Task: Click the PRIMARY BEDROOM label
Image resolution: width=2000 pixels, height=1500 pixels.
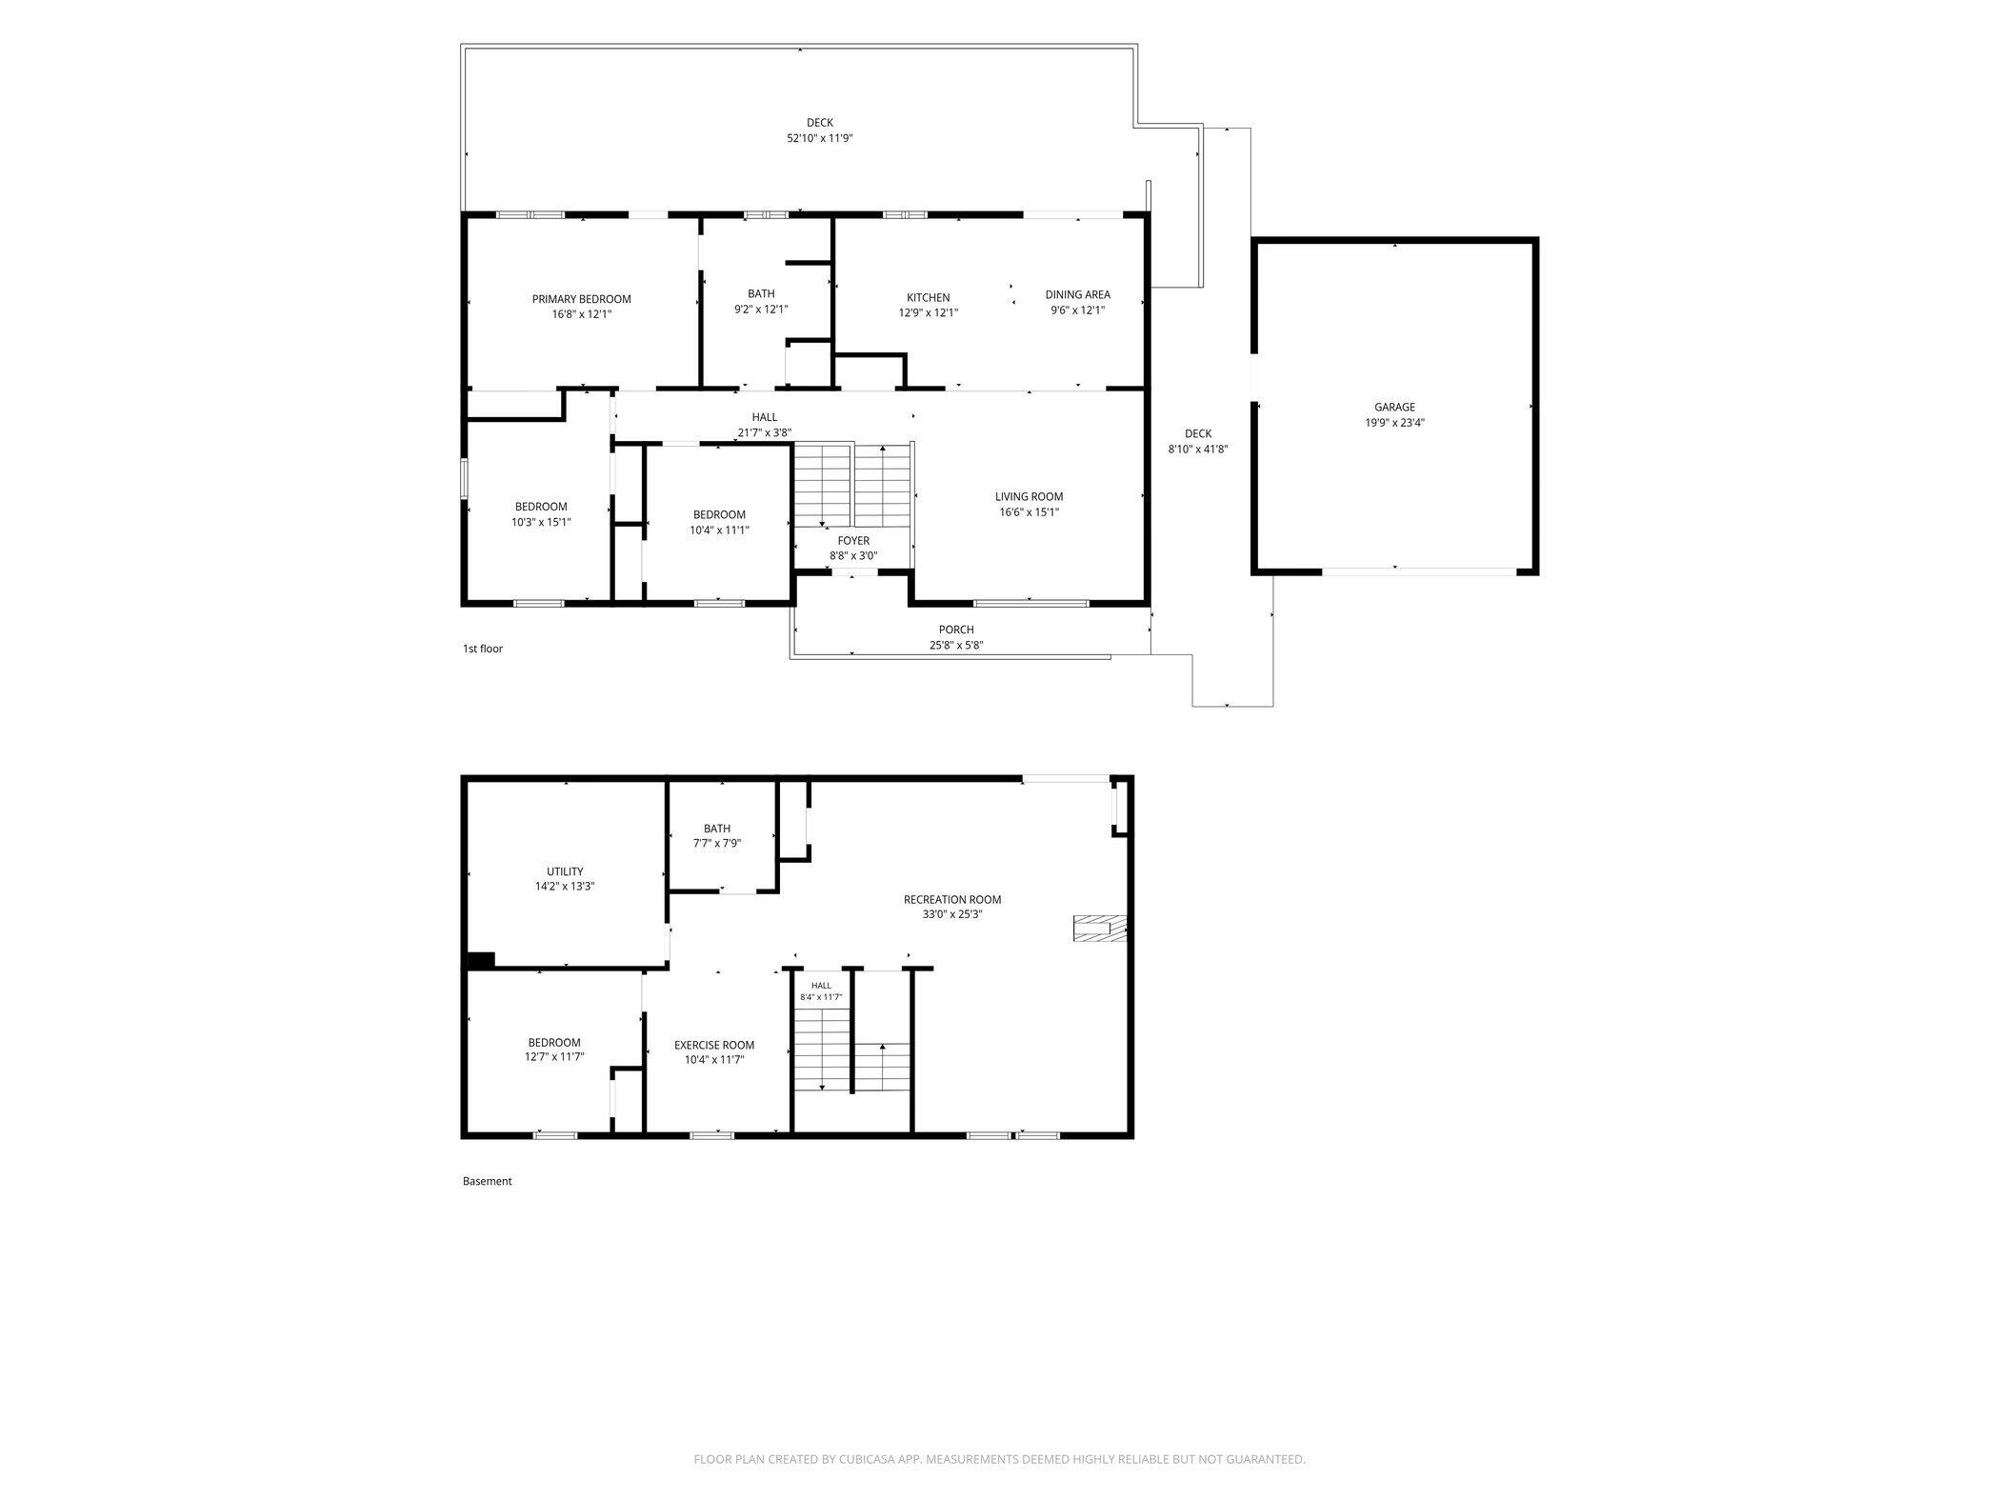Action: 581,299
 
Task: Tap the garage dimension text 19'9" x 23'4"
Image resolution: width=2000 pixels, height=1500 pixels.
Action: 1394,423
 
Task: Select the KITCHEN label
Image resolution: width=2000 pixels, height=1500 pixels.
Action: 928,298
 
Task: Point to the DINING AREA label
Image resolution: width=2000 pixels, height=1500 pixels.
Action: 1077,295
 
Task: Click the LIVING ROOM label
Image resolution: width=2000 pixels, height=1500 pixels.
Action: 1029,496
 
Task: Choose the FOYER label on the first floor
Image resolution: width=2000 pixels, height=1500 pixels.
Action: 853,541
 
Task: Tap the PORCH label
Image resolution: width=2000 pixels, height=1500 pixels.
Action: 956,630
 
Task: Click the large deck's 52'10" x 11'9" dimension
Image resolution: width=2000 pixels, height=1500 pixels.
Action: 819,138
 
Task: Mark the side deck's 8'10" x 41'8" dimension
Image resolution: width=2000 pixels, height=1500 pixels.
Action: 1198,450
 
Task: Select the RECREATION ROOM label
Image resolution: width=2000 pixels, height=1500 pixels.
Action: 952,899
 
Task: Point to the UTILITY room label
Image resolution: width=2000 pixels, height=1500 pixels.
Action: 565,871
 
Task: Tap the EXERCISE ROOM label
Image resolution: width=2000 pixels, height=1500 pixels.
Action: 714,1045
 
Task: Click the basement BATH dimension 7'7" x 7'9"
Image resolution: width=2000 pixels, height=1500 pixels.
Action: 717,843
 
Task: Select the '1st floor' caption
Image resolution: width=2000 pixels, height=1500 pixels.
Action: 483,649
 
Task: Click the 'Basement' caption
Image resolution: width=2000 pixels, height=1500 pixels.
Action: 488,1181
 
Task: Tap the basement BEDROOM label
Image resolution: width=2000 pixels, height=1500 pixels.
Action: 554,1043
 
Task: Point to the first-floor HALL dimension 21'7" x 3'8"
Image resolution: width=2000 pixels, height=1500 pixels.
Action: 765,432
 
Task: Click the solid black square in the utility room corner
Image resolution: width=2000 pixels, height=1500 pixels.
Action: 481,960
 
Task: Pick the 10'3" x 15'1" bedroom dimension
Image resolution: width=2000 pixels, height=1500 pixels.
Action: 541,522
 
